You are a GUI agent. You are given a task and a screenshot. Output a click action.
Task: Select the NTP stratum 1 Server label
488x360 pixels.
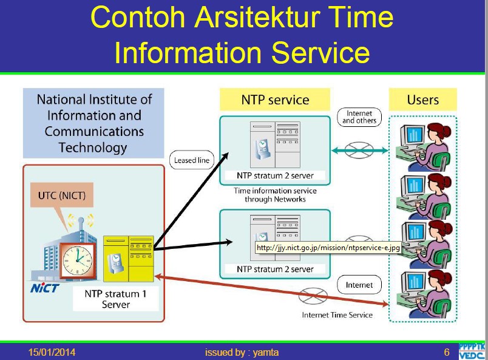(115, 298)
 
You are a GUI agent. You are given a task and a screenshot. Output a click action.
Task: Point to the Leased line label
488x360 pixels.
(191, 161)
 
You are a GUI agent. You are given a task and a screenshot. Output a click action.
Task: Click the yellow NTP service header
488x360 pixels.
(275, 100)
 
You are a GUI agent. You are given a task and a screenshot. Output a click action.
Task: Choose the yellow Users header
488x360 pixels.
(422, 100)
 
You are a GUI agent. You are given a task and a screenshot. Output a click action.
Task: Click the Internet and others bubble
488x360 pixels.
(359, 117)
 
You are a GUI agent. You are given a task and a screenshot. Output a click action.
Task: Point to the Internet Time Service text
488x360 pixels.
(337, 314)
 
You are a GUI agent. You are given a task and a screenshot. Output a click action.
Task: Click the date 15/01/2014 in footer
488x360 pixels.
(53, 352)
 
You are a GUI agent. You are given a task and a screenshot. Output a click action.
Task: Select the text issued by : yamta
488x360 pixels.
(242, 352)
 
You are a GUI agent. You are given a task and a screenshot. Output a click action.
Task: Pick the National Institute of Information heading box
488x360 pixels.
(94, 123)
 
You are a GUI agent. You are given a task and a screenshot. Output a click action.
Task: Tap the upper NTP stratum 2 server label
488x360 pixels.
(274, 176)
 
